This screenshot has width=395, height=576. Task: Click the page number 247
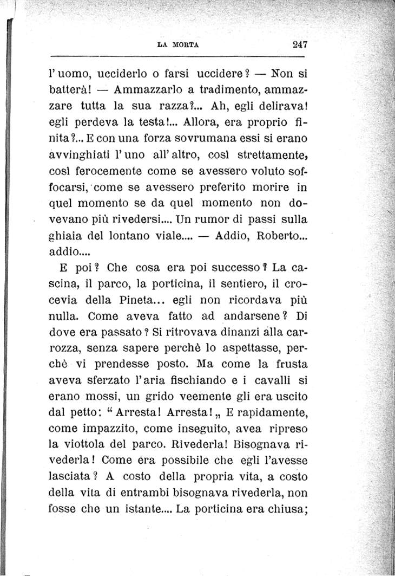[299, 45]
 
